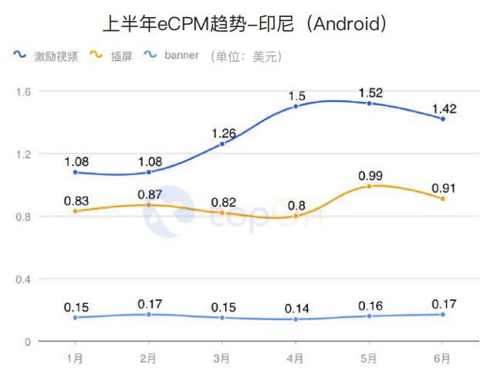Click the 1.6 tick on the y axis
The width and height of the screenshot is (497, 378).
coord(22,91)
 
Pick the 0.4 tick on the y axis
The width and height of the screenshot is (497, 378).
coord(22,279)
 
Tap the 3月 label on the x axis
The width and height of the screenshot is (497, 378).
coord(221,359)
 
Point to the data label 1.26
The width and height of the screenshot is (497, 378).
coord(222,132)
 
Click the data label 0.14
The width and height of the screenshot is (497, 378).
coord(296,308)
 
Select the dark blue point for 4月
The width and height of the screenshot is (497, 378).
coord(296,106)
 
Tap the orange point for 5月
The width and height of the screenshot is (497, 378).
coord(370,186)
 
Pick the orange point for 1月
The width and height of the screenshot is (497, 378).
coord(75,211)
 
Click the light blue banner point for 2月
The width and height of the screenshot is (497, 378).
coord(148,314)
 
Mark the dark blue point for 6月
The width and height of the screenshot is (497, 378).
coord(443,118)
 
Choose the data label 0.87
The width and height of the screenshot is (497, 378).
coord(148,193)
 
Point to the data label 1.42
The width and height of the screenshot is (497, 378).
coord(443,107)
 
